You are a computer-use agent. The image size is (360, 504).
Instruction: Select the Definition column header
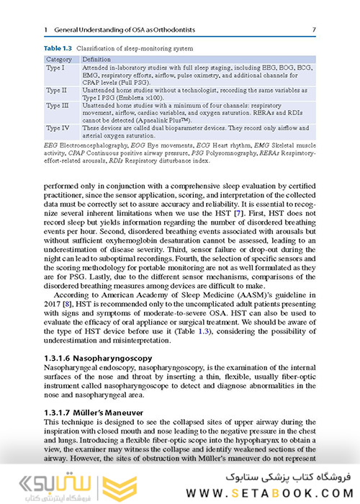click(96, 58)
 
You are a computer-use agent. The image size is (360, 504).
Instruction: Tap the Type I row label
click(56, 67)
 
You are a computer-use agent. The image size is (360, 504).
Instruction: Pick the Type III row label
click(58, 106)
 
